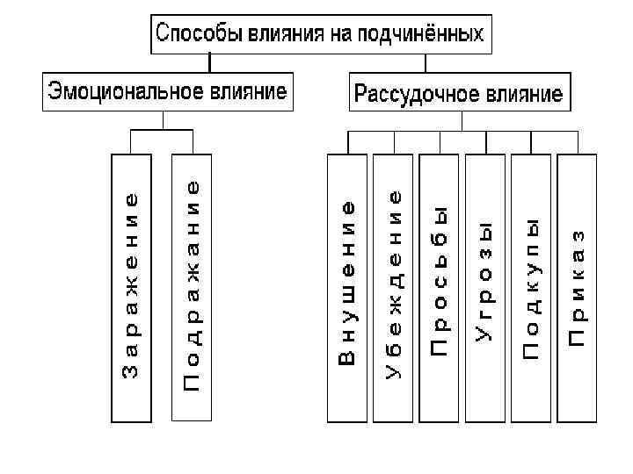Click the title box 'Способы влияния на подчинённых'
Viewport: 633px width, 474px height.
pos(320,34)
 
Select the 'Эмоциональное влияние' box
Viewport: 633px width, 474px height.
pos(168,91)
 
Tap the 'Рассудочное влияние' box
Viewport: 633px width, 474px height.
pos(457,92)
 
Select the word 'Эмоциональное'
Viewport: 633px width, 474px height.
pos(127,91)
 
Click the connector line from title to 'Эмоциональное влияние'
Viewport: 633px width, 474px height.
pos(209,63)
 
